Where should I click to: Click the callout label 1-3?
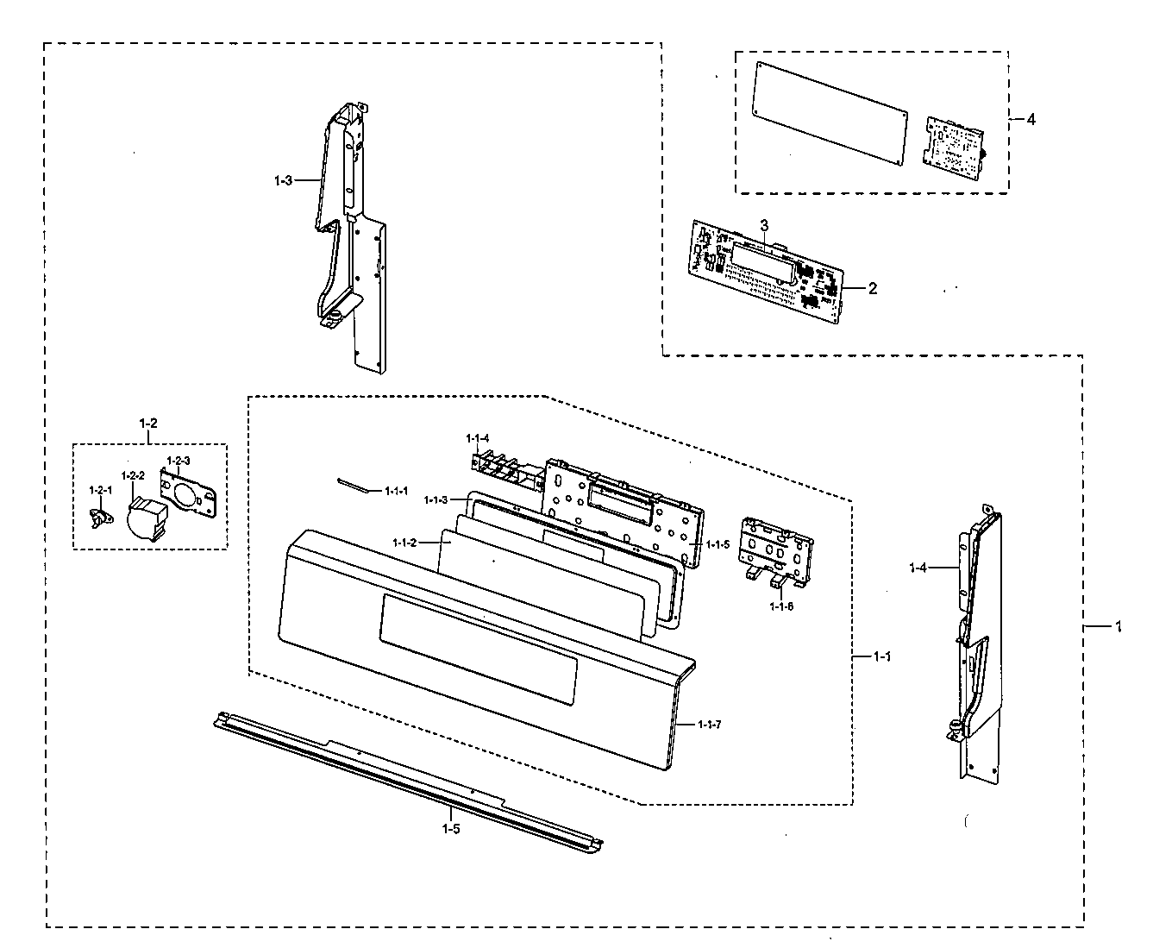[x=283, y=180]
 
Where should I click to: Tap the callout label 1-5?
[x=451, y=829]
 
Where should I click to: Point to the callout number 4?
[x=1031, y=119]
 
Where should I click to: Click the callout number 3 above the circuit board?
[x=763, y=224]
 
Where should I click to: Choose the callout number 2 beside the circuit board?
[x=873, y=288]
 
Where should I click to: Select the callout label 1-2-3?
[x=179, y=461]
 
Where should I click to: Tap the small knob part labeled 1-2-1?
[x=101, y=518]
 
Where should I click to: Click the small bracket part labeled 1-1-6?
[x=778, y=552]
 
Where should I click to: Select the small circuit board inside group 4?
[x=953, y=144]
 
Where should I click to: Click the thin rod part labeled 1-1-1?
[x=351, y=485]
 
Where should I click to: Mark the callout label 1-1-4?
[x=478, y=438]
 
